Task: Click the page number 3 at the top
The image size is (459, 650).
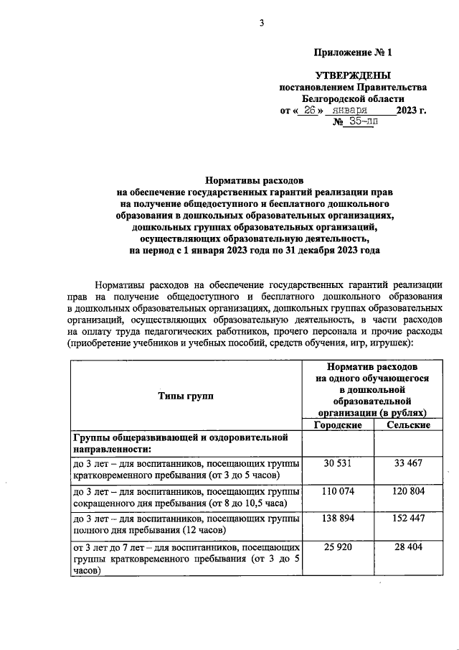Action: [x=262, y=24]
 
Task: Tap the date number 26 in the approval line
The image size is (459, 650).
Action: [x=310, y=110]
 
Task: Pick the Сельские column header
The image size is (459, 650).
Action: [x=408, y=425]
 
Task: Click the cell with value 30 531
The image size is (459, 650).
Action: [x=337, y=464]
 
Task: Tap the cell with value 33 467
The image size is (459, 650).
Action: [x=408, y=464]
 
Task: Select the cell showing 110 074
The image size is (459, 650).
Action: [x=337, y=491]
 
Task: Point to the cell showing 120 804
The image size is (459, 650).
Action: [x=408, y=491]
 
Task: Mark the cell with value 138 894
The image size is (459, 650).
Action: [x=337, y=519]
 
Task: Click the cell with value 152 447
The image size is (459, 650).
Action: [x=408, y=519]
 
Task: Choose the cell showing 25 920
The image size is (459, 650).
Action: [x=337, y=547]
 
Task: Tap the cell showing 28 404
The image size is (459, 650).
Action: [x=408, y=547]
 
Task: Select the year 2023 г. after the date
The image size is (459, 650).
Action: [x=411, y=110]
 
